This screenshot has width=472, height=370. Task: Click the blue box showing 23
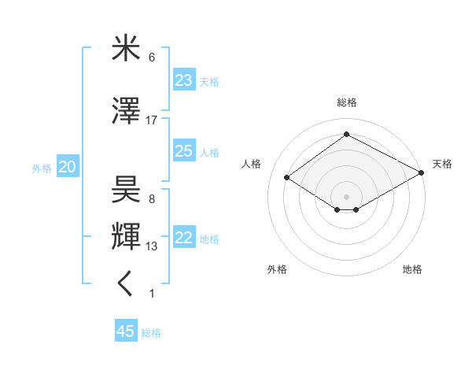[x=183, y=80]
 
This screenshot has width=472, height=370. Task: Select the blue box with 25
[x=183, y=151]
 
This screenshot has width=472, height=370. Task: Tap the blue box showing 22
[x=183, y=238]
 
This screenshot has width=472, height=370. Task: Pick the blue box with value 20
[x=68, y=167]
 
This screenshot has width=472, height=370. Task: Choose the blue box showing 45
[x=126, y=331]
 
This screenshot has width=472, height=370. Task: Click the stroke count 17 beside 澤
[x=152, y=120]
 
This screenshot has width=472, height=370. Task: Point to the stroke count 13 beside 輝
[x=152, y=247]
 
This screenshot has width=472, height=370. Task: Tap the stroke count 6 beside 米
[x=152, y=57]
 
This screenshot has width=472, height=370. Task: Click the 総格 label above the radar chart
[x=346, y=102]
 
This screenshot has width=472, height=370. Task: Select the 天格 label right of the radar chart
[x=442, y=164]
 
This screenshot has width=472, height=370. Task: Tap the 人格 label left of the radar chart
[x=252, y=164]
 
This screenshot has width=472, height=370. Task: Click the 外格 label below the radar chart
[x=277, y=269]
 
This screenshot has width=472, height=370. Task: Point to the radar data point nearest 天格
[x=422, y=172]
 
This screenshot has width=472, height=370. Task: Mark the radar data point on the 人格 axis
[x=287, y=178]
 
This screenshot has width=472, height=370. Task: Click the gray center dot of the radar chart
[x=346, y=195]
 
